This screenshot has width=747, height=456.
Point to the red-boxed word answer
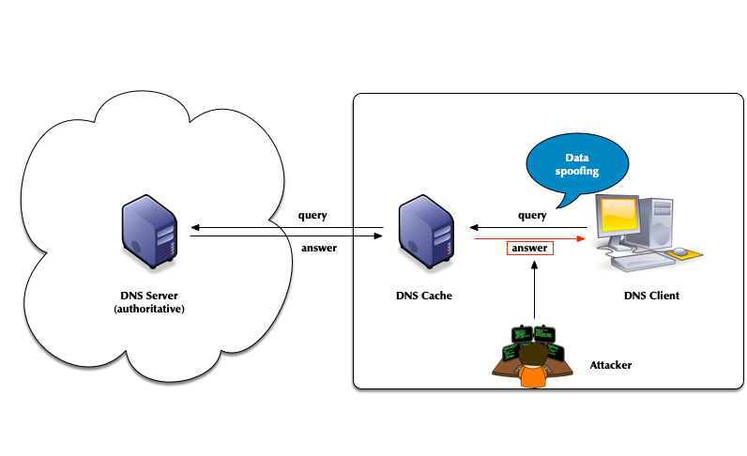click(x=530, y=249)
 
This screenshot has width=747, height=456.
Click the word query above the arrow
click(x=532, y=215)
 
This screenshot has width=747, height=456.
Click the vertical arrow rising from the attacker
click(x=534, y=291)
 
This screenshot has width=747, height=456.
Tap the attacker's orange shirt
click(x=533, y=378)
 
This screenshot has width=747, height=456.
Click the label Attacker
click(x=610, y=364)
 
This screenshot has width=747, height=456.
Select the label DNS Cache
click(x=424, y=296)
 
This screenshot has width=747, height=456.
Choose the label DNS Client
click(x=651, y=296)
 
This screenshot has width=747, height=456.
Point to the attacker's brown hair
click(x=533, y=355)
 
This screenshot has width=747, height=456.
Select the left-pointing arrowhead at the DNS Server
click(x=193, y=227)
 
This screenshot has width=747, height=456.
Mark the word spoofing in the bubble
click(x=577, y=174)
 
